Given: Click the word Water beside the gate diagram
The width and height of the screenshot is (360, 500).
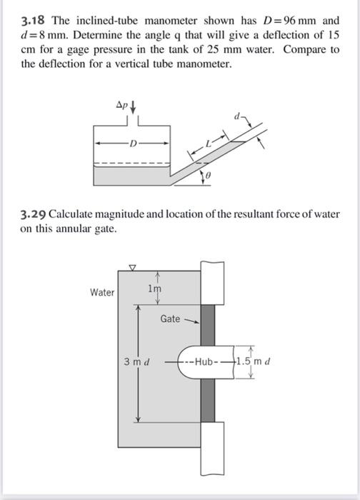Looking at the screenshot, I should [x=102, y=292].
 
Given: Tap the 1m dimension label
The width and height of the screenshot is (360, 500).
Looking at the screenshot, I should [x=154, y=288].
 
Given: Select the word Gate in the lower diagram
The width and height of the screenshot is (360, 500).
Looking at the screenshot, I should [x=170, y=319].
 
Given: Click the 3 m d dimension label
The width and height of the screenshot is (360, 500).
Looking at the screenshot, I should [x=136, y=361].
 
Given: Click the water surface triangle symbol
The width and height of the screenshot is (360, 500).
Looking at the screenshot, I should [x=131, y=269].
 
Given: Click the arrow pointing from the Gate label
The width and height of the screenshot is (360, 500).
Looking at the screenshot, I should [x=191, y=321].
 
